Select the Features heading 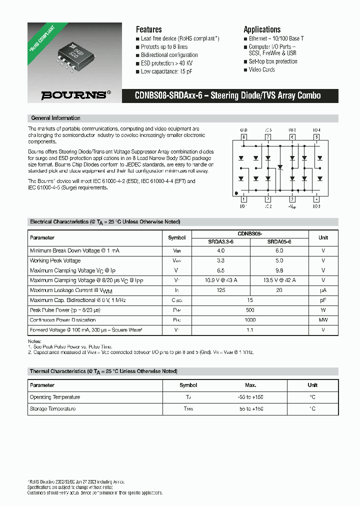point(148,29)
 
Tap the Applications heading point(262,29)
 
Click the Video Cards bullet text point(261,70)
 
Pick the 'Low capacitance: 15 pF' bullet point(166,71)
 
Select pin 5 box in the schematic point(316,137)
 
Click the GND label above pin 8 point(244,130)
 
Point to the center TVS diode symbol point(280,167)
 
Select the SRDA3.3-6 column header point(220,241)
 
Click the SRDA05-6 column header point(279,241)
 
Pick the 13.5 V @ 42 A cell point(279,280)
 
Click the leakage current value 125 point(220,290)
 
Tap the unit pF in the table point(323,300)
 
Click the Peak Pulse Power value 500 point(250,310)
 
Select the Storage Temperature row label point(53,409)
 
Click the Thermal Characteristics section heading point(103,371)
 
